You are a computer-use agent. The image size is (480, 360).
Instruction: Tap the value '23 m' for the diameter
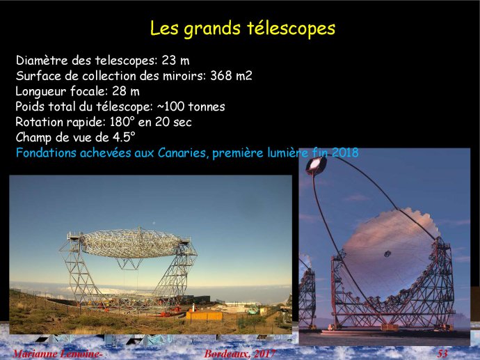tap(175, 61)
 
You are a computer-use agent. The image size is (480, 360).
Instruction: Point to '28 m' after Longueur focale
tap(126, 91)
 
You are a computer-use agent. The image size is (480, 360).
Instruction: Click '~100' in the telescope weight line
tap(171, 107)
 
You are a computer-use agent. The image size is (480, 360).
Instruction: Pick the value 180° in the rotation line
tap(122, 122)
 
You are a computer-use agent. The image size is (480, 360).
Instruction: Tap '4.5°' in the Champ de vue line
tap(124, 137)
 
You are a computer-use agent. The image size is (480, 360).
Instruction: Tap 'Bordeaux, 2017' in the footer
tap(240, 354)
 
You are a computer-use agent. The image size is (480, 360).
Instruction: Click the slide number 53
tap(442, 354)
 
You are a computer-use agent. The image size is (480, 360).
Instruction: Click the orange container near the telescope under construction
tap(205, 315)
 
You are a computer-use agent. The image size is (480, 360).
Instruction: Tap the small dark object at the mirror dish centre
tap(387, 253)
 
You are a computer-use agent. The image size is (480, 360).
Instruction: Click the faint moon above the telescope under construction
tap(154, 223)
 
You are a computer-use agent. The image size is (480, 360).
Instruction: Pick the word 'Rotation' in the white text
tap(39, 122)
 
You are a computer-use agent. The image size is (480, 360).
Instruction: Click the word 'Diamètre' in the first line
tap(42, 61)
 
